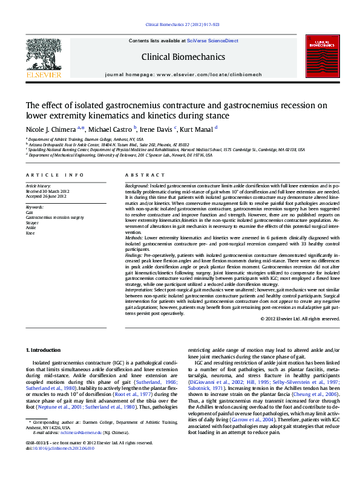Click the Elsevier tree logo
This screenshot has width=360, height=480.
(x=43, y=57)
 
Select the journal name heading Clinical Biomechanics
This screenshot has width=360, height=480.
(x=183, y=57)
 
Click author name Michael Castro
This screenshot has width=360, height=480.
(x=111, y=129)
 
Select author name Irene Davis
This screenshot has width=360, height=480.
(x=156, y=129)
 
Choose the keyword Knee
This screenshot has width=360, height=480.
(x=30, y=232)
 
